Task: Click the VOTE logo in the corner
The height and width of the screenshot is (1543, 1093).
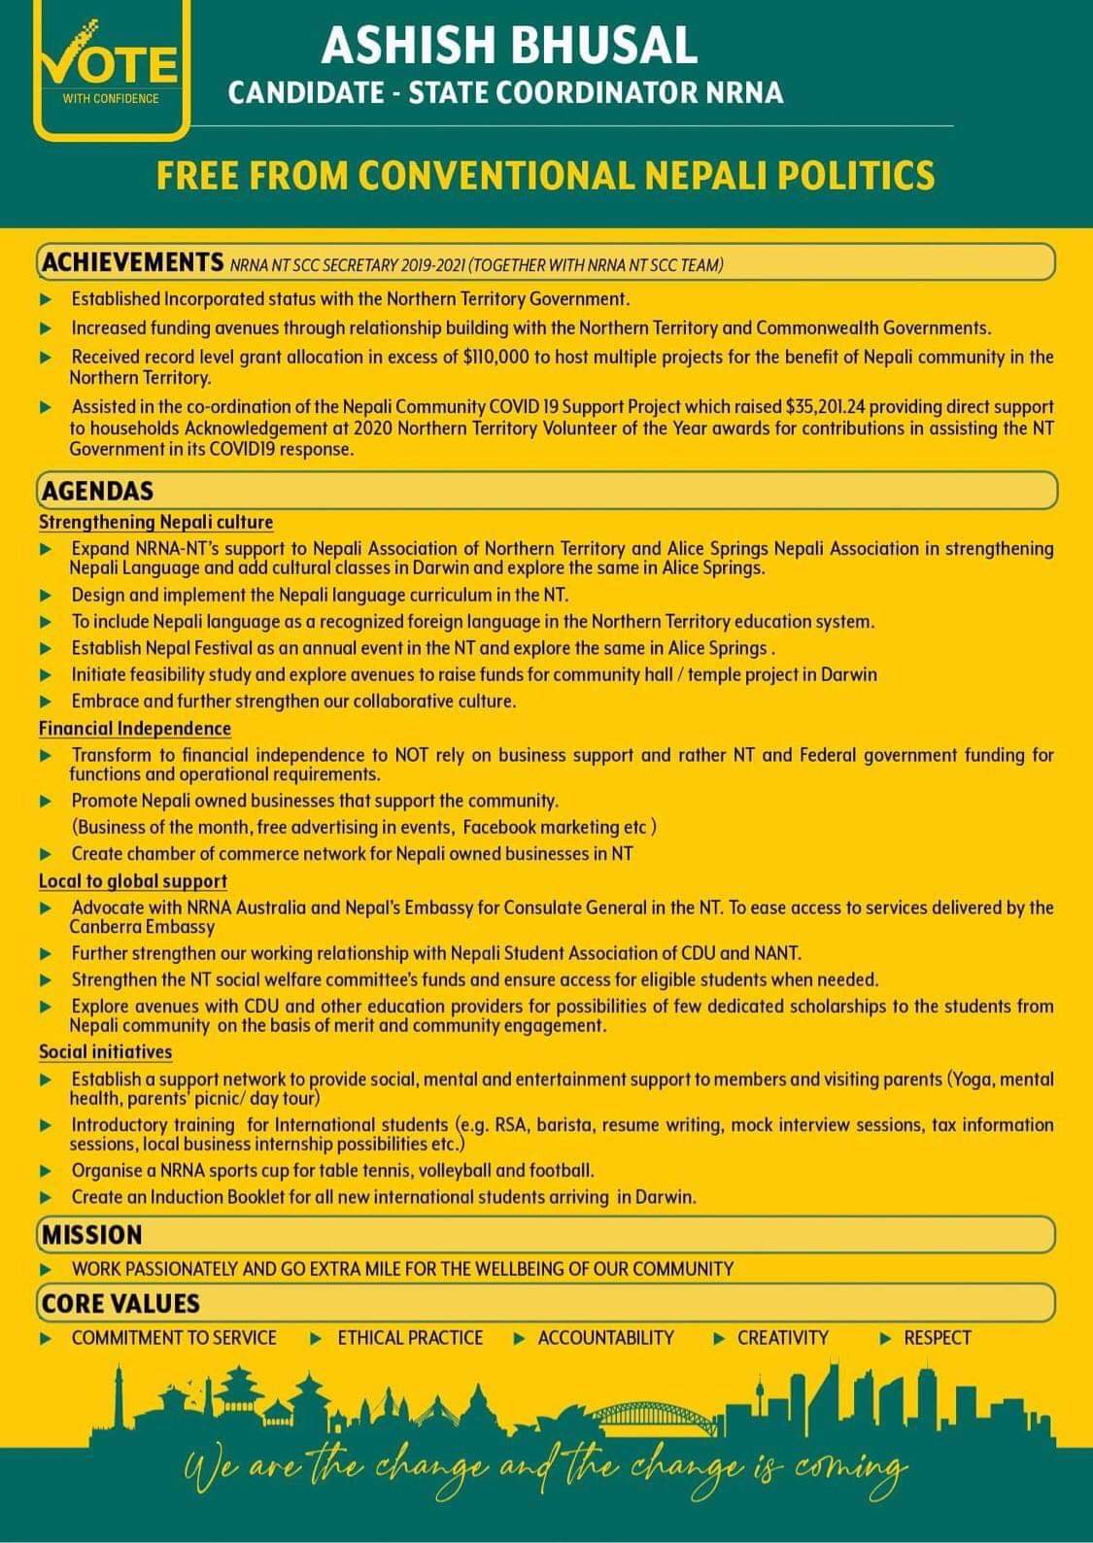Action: click(110, 68)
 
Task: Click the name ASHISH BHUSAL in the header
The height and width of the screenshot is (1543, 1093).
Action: click(509, 46)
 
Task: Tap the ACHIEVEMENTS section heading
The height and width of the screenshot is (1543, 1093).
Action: click(133, 262)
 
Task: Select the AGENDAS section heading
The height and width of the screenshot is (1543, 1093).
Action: click(97, 491)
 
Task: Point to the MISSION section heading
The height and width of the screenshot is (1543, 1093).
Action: click(92, 1235)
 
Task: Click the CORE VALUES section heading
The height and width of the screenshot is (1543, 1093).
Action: click(120, 1303)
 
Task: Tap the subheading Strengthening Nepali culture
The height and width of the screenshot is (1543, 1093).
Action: click(155, 523)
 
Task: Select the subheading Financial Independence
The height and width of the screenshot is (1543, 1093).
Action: click(135, 729)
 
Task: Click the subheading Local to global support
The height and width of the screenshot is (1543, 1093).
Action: click(133, 881)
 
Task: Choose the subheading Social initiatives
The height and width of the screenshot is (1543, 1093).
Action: click(105, 1052)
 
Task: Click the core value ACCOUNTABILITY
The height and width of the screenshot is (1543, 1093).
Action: click(605, 1338)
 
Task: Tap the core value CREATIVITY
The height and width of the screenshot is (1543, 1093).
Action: click(782, 1338)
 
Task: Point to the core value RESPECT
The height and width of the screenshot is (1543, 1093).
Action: click(937, 1338)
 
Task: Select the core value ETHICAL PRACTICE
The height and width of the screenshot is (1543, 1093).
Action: click(410, 1338)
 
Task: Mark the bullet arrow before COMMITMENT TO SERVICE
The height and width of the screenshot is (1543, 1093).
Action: click(46, 1339)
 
